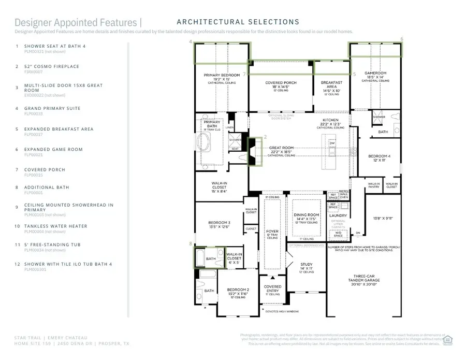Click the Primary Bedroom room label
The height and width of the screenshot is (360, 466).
[221, 75]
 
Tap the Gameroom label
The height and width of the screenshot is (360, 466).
[375, 74]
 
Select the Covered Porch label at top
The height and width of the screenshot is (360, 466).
[280, 83]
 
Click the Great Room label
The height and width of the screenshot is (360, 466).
[281, 148]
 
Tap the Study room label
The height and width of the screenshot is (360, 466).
[307, 264]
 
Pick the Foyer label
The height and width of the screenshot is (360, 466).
[272, 232]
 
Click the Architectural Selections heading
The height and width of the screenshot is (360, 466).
[238, 22]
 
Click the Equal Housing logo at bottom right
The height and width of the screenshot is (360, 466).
[448, 339]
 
